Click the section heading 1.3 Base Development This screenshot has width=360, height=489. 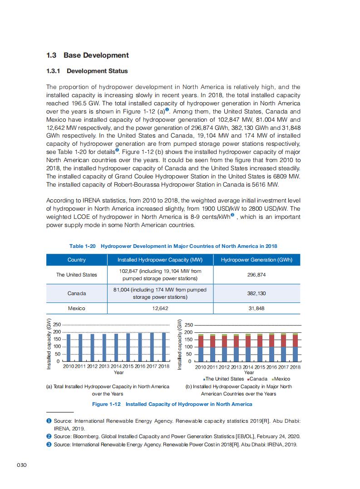coord(88,55)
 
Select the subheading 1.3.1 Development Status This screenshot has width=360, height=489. coord(87,71)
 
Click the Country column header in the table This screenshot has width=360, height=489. coord(76,260)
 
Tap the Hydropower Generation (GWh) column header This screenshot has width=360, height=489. coord(256,260)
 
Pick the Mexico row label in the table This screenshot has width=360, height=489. coord(76,308)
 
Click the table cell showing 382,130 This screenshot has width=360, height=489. coord(256,293)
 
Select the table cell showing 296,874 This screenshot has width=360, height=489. coord(256,275)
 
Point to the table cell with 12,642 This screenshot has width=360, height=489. coord(160,308)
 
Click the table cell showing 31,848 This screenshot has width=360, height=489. coord(256,308)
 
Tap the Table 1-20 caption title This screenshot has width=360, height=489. coord(173,246)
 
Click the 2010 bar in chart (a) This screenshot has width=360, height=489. coord(69,348)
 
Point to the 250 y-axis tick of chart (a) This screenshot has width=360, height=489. coord(57,325)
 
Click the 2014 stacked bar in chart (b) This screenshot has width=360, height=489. coord(248,348)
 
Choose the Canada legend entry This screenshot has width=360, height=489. coord(258,379)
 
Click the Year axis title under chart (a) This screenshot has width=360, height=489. coord(118,372)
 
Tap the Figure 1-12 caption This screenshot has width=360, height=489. coord(172,404)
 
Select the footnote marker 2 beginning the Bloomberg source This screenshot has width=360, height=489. coord(49,436)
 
